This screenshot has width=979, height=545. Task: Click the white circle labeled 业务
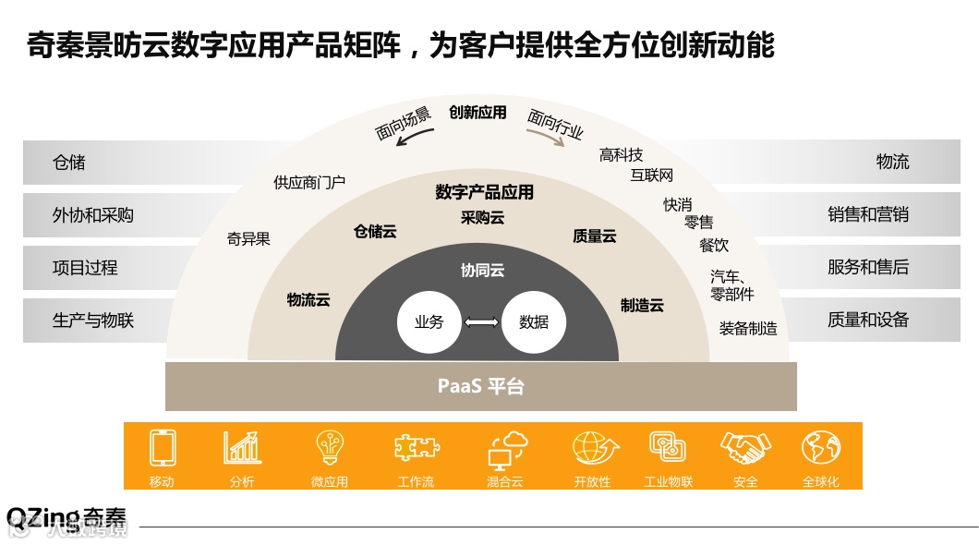click(x=429, y=322)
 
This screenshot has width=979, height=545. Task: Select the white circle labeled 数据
click(x=533, y=322)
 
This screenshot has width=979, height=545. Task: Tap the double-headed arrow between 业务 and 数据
click(x=481, y=322)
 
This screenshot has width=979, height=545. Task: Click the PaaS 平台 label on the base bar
click(x=480, y=386)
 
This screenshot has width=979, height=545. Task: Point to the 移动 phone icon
click(x=163, y=448)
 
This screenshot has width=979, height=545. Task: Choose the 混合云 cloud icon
click(x=505, y=449)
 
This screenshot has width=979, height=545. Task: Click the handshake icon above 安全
click(x=744, y=448)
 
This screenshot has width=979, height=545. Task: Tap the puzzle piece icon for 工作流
click(x=416, y=448)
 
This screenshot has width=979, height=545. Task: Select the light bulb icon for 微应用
click(x=330, y=448)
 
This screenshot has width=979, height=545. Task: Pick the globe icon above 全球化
click(x=820, y=448)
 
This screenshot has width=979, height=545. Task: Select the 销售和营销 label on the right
click(x=867, y=215)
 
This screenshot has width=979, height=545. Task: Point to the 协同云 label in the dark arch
click(x=482, y=271)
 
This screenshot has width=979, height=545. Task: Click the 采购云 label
click(x=482, y=218)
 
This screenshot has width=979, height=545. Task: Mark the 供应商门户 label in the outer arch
click(x=309, y=183)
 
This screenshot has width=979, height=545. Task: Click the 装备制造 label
click(x=748, y=328)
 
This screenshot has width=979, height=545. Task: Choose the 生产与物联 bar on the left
click(x=93, y=321)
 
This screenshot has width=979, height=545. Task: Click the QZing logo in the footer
click(x=65, y=517)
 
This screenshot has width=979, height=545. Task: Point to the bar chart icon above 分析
click(x=242, y=448)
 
